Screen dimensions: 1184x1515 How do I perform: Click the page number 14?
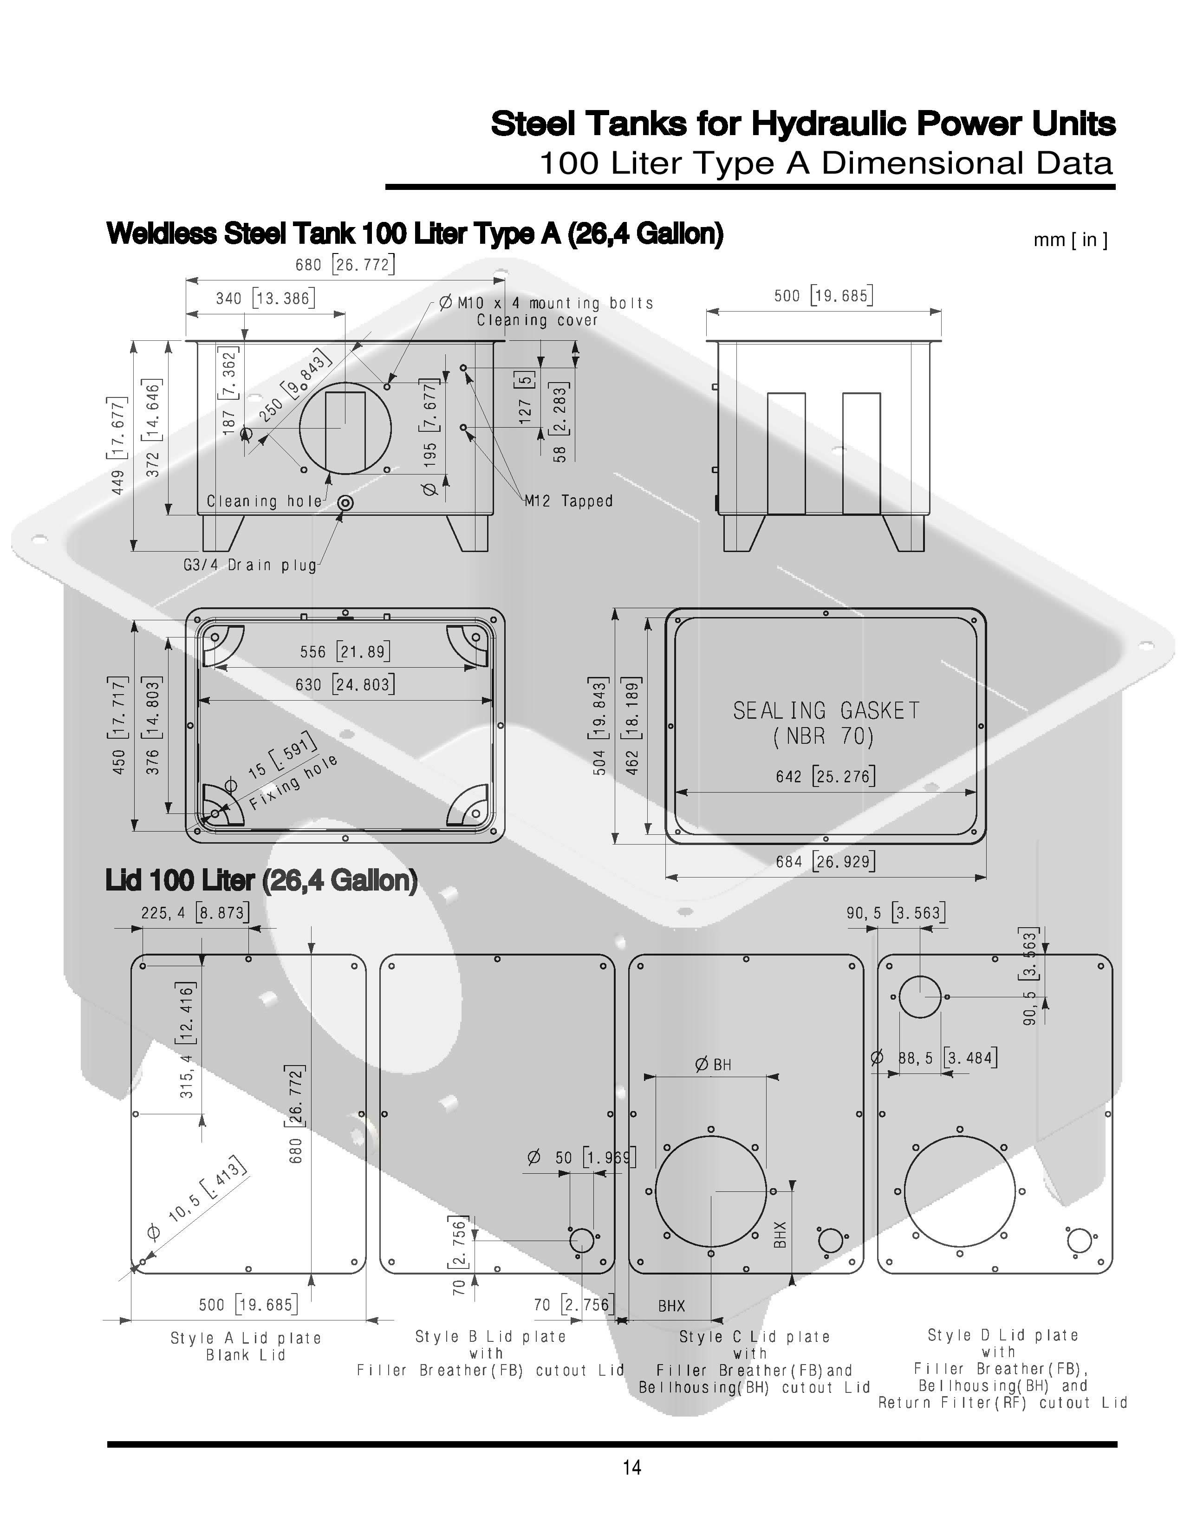pos(632,1467)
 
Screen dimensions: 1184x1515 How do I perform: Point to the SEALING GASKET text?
pos(826,710)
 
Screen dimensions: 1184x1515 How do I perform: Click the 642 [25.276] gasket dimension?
pos(826,776)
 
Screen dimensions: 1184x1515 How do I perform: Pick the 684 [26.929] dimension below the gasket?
pos(826,862)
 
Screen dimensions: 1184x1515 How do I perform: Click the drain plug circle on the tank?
pos(345,503)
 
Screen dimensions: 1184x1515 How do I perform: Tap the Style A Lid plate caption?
pos(246,1338)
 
